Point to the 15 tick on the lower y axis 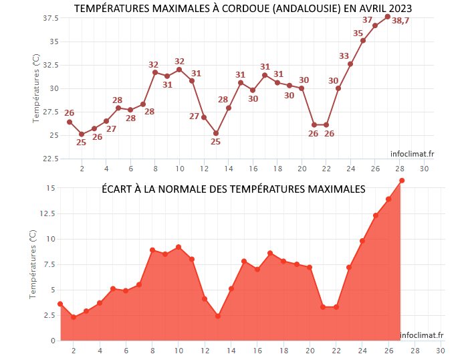tap(50, 188)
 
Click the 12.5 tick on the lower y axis tap(47, 213)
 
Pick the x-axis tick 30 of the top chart tap(425, 168)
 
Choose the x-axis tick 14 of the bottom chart tap(231, 350)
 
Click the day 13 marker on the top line tap(216, 133)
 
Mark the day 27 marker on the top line tap(388, 17)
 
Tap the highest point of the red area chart tap(402, 181)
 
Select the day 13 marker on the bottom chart tap(218, 316)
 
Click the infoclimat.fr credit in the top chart tap(413, 153)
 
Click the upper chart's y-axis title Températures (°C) tap(35, 88)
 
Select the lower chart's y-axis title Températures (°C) tap(33, 264)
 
